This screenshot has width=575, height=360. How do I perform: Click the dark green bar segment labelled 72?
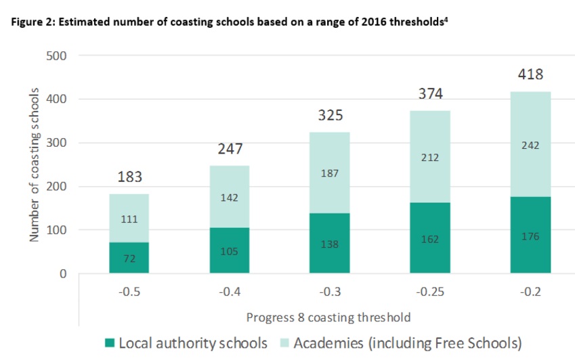[129, 258]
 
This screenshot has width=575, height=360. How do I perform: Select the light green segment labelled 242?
[530, 144]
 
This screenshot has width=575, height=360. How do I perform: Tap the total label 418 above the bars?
[530, 74]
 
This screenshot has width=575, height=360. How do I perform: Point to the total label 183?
[129, 177]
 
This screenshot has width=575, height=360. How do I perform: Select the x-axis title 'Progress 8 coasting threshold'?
[329, 317]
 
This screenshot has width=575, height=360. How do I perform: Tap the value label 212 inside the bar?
[430, 158]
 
